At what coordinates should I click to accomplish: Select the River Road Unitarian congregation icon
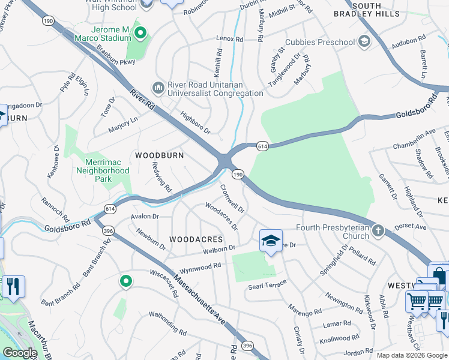pos(158,89)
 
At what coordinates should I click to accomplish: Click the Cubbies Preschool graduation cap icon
pos(364,41)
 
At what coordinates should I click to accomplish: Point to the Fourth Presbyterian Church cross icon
pos(378,230)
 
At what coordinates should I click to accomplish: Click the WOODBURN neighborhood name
pos(158,155)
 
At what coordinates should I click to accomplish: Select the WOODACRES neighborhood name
pos(196,239)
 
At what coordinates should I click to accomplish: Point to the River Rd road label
pos(142,100)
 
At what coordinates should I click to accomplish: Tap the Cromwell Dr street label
pos(232,199)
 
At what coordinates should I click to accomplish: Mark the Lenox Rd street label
pos(230,39)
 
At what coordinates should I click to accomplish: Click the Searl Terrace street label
pos(267,286)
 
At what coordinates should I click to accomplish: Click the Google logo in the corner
pos(20,353)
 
